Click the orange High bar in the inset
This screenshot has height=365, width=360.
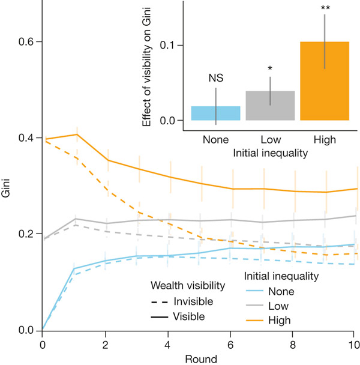coord(325,81)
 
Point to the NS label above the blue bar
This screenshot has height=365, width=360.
coord(215,78)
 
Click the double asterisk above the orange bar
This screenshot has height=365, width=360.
coord(325,8)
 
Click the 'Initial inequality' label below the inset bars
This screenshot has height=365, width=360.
coord(270,153)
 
